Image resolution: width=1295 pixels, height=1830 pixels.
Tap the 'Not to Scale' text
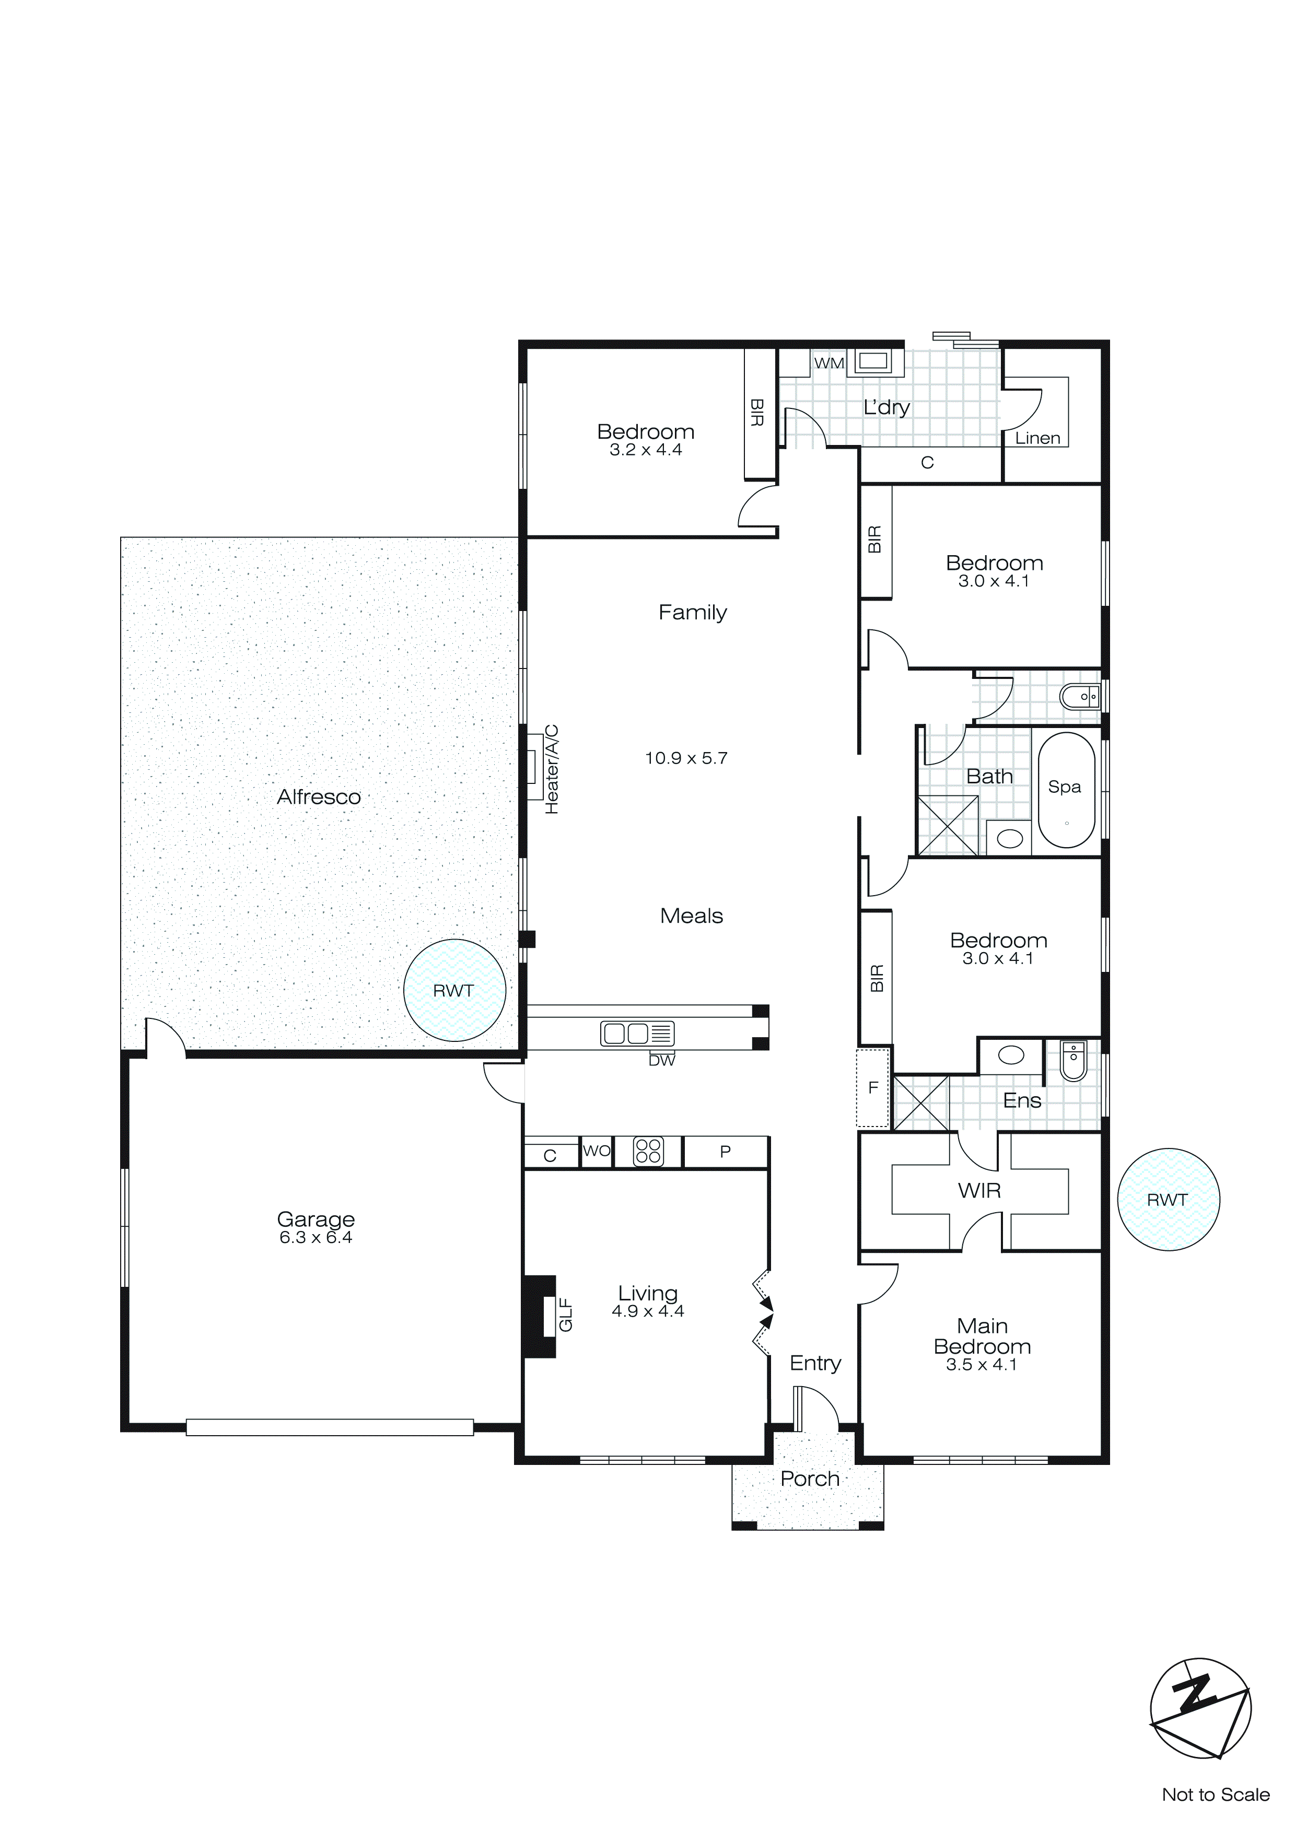tap(1215, 1794)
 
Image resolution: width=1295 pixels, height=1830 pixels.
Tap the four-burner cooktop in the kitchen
tap(648, 1151)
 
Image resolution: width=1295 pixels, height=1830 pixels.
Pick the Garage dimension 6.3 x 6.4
tap(316, 1237)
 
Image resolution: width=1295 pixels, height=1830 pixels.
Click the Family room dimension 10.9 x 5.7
tap(686, 758)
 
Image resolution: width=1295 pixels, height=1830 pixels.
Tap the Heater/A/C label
tap(552, 769)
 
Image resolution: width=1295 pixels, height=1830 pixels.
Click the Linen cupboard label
tap(1037, 438)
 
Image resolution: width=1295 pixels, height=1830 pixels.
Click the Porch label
tap(809, 1479)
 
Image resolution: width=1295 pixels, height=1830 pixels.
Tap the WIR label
tap(979, 1191)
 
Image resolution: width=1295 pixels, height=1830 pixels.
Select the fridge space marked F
tap(873, 1088)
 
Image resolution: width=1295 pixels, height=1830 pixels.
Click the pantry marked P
tap(725, 1152)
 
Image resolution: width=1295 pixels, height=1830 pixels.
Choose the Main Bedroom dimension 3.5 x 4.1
tap(982, 1364)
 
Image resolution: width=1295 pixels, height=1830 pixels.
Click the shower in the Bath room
tap(947, 826)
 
